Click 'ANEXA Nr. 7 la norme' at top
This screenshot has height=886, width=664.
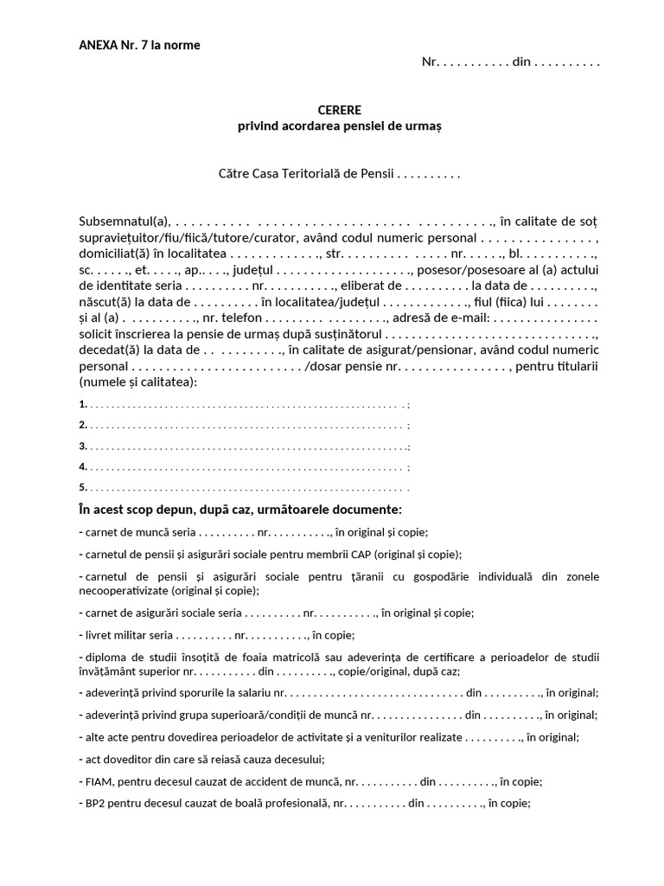[139, 45]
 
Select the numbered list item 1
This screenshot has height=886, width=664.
[82, 404]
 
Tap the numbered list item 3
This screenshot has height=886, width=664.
[82, 446]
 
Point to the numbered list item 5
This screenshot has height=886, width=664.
[82, 487]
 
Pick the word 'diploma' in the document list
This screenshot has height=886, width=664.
[101, 657]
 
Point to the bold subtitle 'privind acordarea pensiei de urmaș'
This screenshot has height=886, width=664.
[340, 126]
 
